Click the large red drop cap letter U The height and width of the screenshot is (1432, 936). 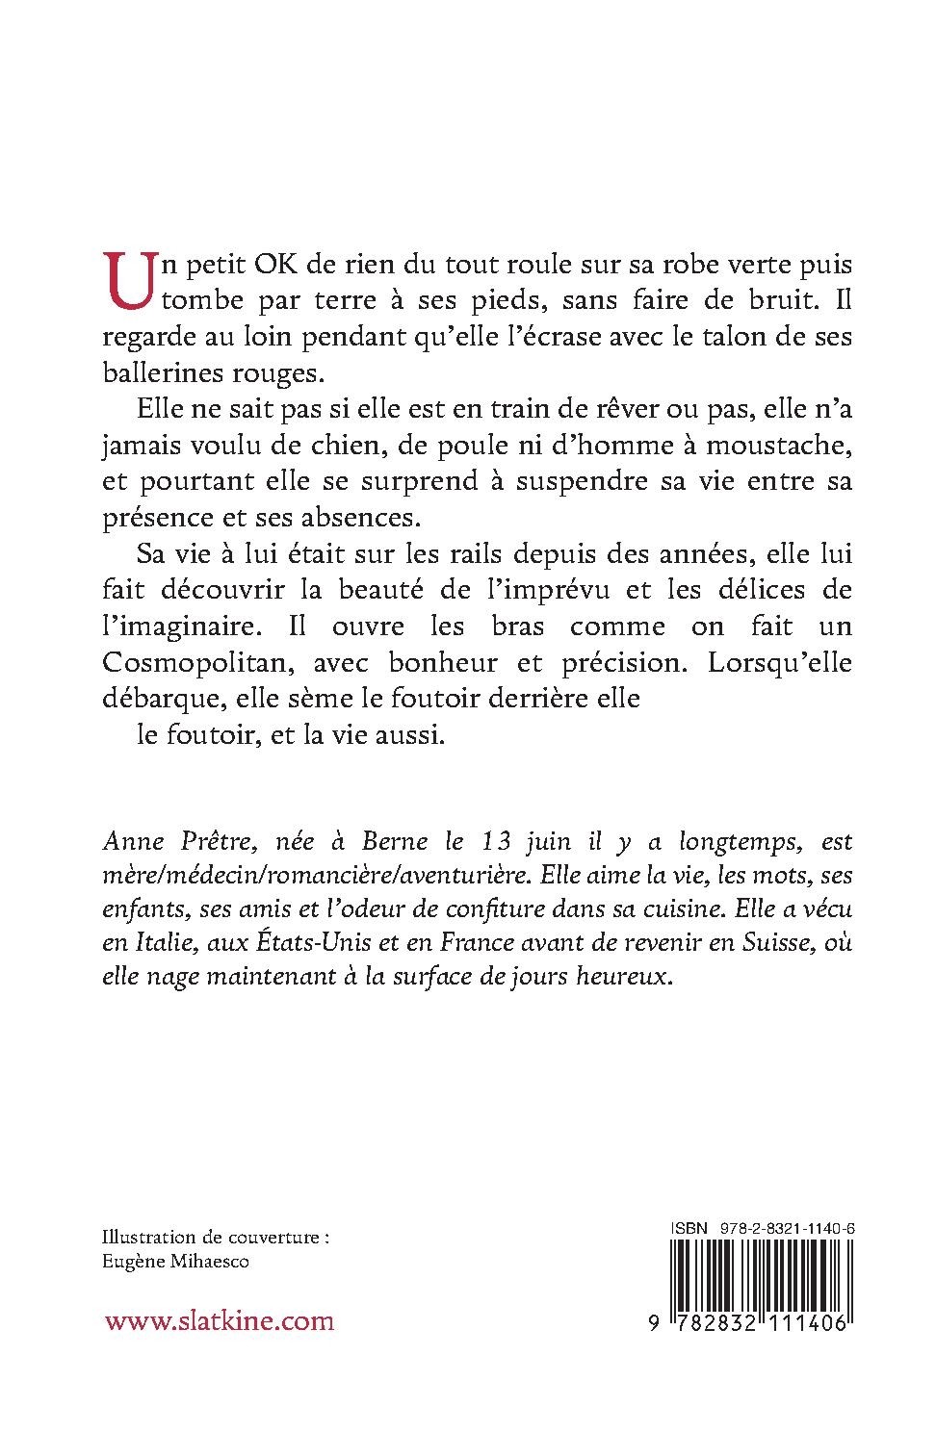[x=133, y=282]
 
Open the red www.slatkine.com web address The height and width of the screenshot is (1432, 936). [x=220, y=1320]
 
